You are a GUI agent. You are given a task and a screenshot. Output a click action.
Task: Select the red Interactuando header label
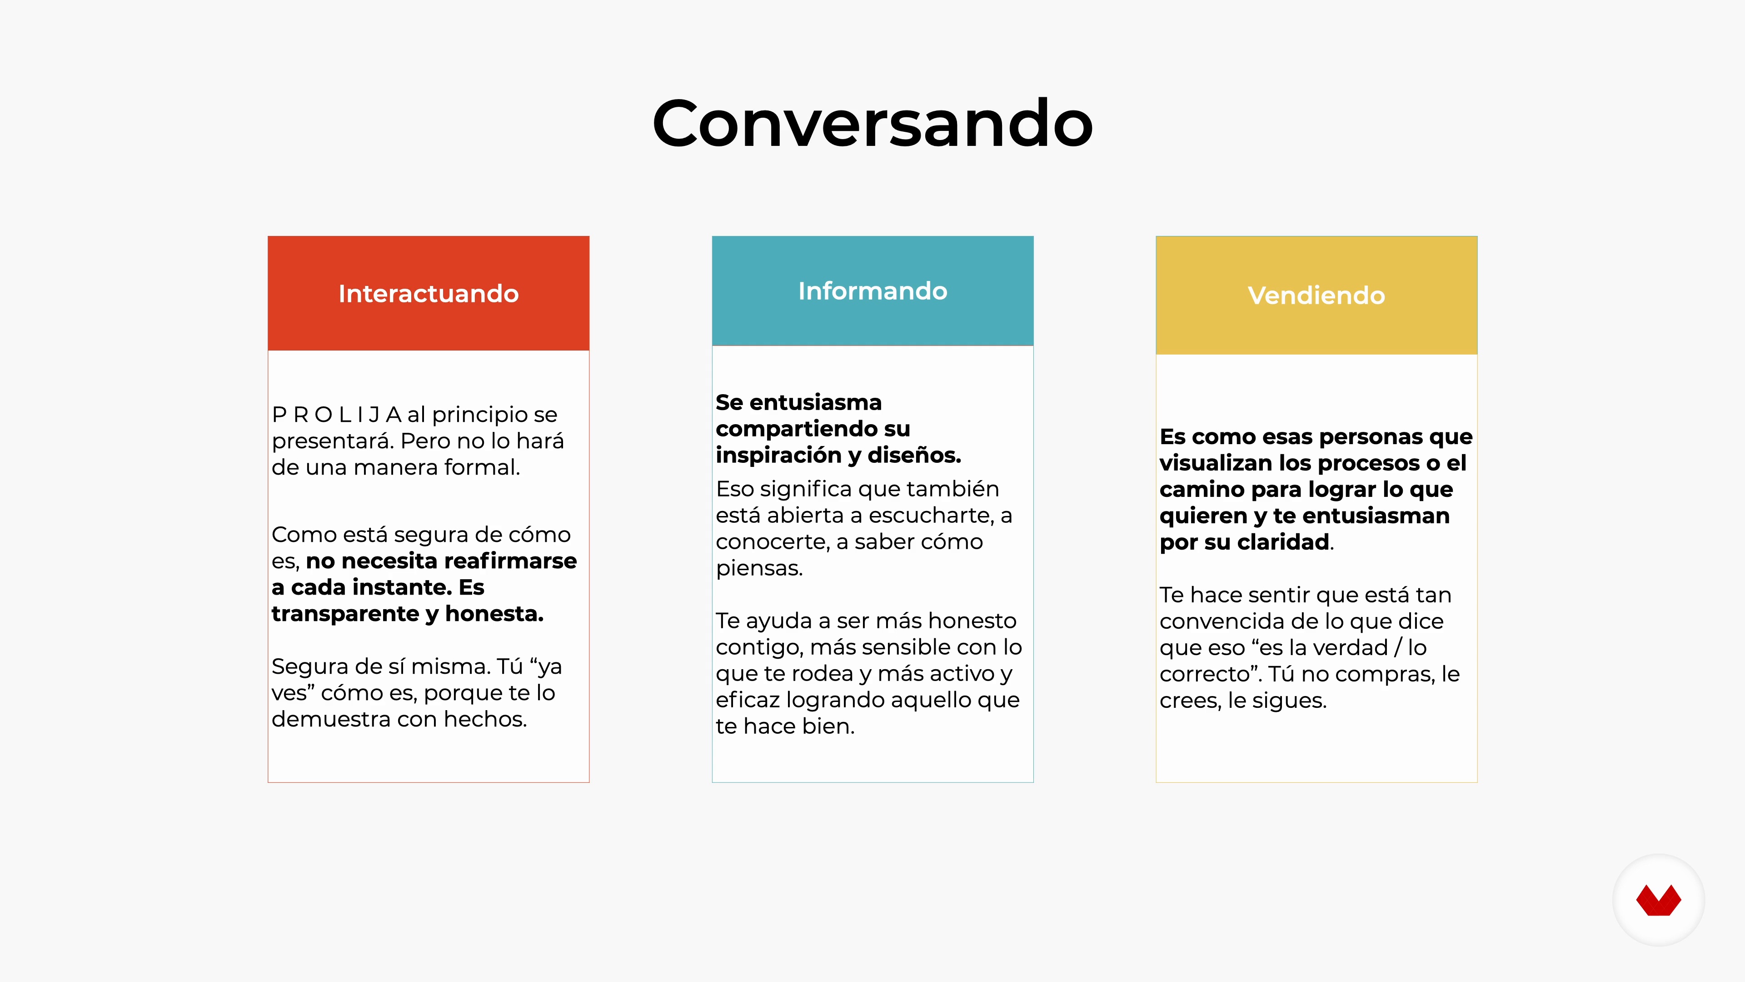429,293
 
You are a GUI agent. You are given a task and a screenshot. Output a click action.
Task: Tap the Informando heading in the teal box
872,291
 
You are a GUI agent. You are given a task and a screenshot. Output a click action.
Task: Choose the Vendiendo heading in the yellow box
1316,296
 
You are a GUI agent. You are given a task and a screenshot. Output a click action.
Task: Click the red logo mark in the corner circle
1658,900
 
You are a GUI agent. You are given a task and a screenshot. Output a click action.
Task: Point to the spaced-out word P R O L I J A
337,414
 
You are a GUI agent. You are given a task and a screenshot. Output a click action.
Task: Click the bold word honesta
494,614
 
